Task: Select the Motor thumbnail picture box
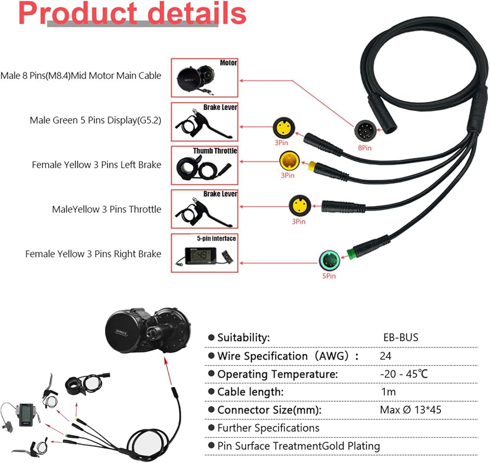[204, 77]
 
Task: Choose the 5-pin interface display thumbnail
[204, 253]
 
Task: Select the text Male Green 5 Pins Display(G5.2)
[95, 120]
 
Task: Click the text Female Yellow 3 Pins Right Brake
[93, 254]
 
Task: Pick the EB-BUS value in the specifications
[400, 338]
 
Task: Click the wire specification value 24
[385, 356]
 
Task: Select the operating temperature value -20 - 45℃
[404, 374]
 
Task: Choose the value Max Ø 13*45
[410, 410]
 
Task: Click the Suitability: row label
[243, 338]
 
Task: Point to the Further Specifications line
[268, 428]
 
